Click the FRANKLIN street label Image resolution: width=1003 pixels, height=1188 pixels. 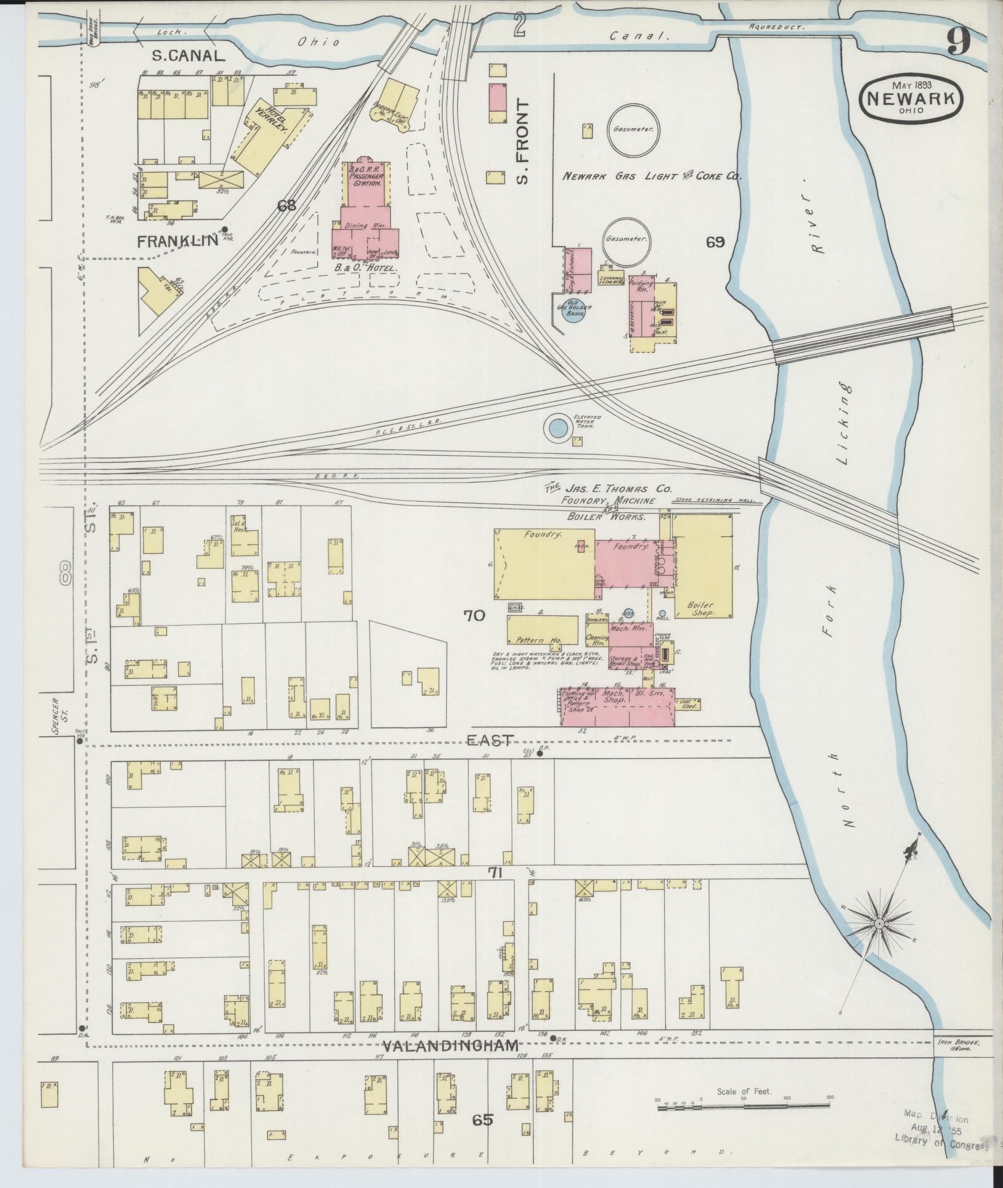[177, 240]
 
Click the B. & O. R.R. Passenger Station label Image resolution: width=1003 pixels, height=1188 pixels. [367, 176]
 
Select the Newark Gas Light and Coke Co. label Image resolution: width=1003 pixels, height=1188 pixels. [651, 176]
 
